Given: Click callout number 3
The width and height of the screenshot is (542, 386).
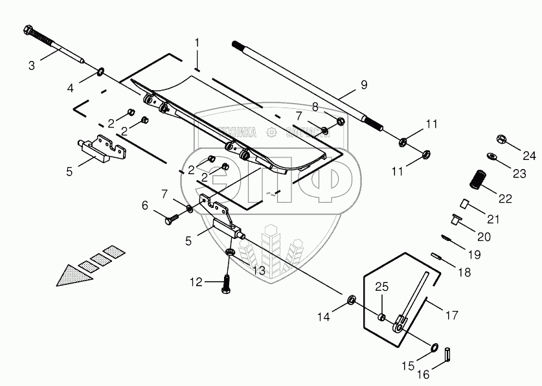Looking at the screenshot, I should pos(31,65).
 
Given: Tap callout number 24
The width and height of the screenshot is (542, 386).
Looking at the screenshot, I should pos(530,155).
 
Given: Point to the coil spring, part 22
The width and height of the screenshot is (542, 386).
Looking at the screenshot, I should pos(478,177).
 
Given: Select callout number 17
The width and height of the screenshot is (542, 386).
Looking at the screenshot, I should pos(451,316).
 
